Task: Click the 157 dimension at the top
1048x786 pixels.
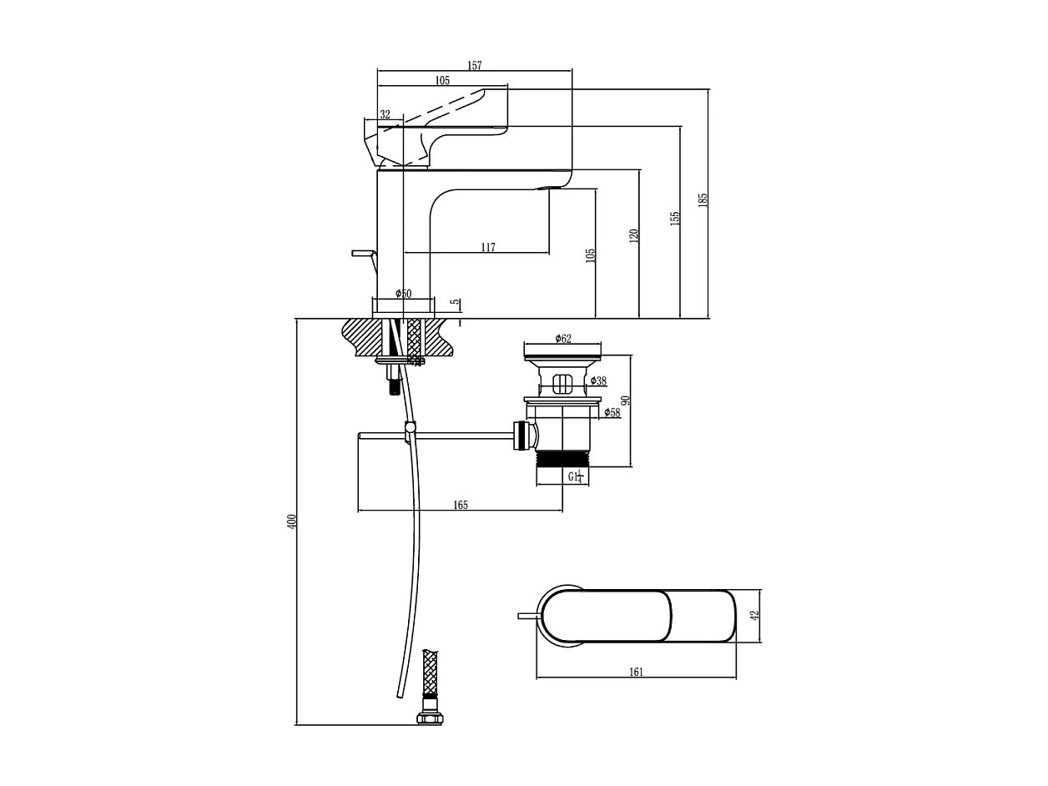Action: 474,66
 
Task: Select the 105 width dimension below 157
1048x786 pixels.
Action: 442,81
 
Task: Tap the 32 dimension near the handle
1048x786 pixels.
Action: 385,115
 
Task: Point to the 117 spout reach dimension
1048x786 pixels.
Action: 488,248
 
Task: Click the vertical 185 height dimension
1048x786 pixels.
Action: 703,199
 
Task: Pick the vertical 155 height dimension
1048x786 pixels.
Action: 675,218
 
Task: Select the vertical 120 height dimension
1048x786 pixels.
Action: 634,235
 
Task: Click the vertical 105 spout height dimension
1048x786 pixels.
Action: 590,254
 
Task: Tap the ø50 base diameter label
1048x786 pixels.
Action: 403,294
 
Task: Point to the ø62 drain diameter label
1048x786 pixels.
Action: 563,339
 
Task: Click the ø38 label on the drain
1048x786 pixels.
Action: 598,381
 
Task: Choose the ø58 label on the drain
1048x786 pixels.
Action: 612,412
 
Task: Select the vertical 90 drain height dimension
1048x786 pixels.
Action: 625,401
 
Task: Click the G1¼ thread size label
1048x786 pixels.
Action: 575,477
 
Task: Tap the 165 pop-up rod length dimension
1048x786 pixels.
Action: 460,505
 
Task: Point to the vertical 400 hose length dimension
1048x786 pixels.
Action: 292,521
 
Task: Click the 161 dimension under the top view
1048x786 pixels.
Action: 636,672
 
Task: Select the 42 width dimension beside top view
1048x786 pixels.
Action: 754,616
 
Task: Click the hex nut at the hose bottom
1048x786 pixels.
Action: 430,718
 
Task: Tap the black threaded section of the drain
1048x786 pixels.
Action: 562,458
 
